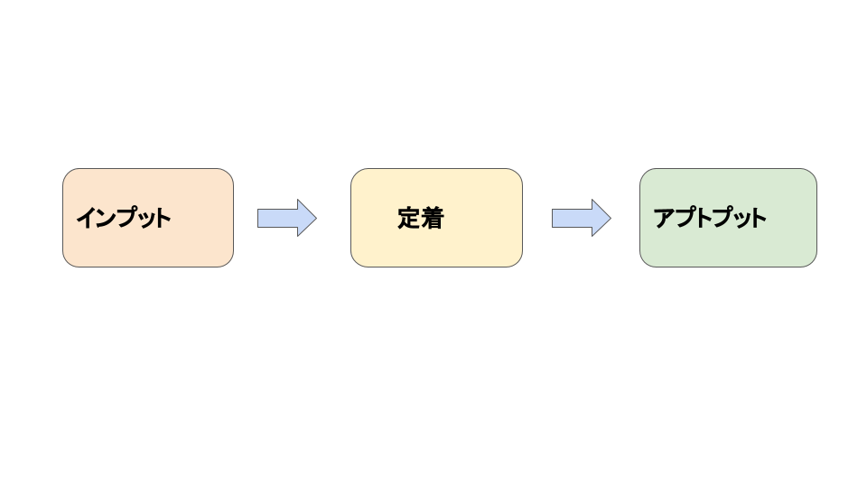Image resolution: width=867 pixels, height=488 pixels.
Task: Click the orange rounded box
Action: point(148,218)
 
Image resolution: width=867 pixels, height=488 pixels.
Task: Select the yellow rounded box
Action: point(436,218)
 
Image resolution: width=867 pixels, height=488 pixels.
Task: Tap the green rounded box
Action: point(728,218)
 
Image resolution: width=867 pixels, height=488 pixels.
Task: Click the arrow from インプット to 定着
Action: point(287,218)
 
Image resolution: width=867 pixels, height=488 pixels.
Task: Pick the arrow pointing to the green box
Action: point(581,218)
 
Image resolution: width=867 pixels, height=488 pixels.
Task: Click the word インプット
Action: point(124,218)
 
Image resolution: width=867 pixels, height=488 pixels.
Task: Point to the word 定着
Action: point(421,218)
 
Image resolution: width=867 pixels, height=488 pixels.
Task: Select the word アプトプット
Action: point(710,218)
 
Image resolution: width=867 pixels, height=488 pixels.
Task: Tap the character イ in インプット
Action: point(86,218)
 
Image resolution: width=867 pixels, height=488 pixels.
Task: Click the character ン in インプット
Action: point(107,218)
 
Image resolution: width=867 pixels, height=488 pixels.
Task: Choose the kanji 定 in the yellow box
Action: point(408,218)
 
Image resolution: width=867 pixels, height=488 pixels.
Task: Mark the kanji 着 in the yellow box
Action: point(433,218)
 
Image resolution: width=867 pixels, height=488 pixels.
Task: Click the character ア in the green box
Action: point(664,218)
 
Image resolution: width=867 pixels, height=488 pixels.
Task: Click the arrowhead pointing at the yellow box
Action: point(307,218)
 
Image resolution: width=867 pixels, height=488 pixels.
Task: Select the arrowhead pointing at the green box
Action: point(601,218)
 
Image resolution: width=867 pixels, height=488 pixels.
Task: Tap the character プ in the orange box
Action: point(127,218)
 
